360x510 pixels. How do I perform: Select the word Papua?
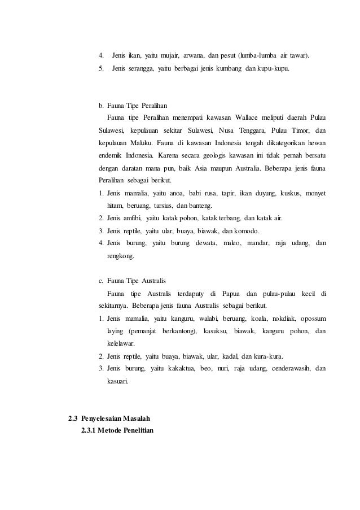pos(231,293)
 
